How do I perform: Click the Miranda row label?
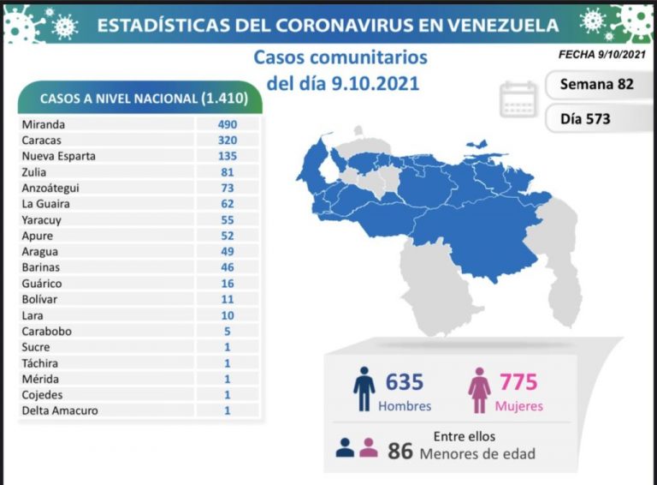[44, 124]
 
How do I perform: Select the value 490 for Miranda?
[227, 124]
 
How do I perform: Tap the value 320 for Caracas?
[227, 141]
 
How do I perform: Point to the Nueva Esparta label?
[58, 156]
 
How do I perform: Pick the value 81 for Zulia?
[227, 172]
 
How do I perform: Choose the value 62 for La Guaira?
[227, 204]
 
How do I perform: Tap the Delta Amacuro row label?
[60, 410]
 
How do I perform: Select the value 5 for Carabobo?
[227, 331]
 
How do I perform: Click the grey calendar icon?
[518, 99]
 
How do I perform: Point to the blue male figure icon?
[364, 390]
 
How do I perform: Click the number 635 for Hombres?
[405, 381]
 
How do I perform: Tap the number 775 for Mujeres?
[518, 381]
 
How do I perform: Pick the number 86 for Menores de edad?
[400, 450]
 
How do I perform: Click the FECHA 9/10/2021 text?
[600, 55]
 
